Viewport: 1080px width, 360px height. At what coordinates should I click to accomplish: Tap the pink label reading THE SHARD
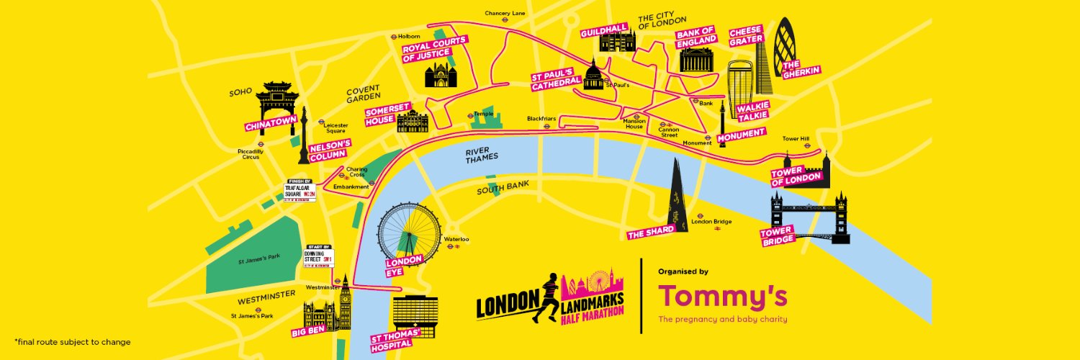(651, 231)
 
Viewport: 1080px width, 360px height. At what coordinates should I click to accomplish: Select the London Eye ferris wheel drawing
(409, 231)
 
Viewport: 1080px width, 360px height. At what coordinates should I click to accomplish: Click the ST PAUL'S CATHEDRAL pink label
(557, 81)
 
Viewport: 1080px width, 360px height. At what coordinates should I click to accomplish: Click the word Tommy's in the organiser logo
(722, 296)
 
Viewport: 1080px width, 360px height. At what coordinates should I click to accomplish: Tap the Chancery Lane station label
(505, 13)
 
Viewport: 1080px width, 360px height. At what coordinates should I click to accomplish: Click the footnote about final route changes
(72, 341)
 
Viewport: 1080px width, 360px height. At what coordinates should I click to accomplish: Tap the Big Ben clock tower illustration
(346, 302)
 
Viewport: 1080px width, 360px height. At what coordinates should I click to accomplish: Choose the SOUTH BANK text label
(503, 188)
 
